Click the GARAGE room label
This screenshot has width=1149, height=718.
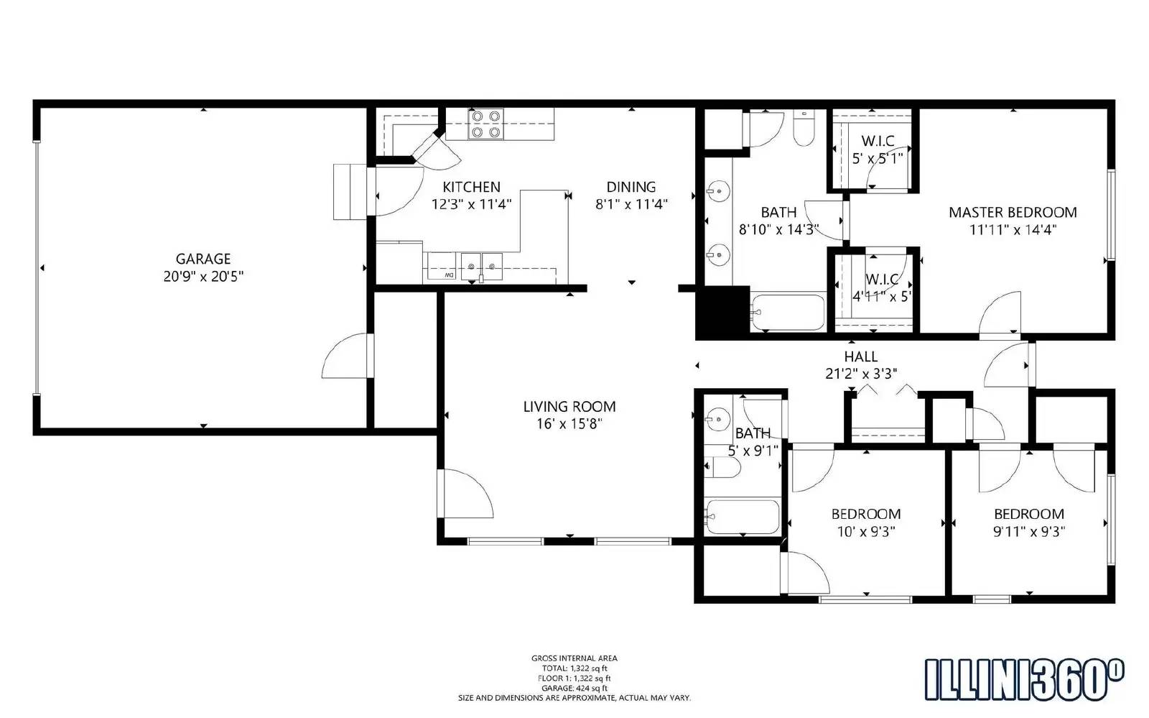203,259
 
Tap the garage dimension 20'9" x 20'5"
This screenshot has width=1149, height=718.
203,276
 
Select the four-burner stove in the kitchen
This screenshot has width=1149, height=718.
485,124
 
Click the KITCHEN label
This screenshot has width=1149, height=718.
471,187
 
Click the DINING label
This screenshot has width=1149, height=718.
631,187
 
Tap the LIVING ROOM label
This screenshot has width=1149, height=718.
569,407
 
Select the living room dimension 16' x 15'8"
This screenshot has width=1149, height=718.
569,424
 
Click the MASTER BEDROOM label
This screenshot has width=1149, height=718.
1013,213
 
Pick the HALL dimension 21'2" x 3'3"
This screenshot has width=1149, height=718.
860,374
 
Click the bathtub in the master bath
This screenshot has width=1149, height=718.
788,312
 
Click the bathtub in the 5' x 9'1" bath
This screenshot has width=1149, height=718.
743,517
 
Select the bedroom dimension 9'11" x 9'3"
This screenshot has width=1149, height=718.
1028,532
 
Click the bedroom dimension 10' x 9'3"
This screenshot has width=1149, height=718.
865,532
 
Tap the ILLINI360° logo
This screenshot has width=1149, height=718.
1023,679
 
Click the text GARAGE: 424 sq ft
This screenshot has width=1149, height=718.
574,688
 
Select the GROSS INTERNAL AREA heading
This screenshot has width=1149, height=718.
574,658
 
